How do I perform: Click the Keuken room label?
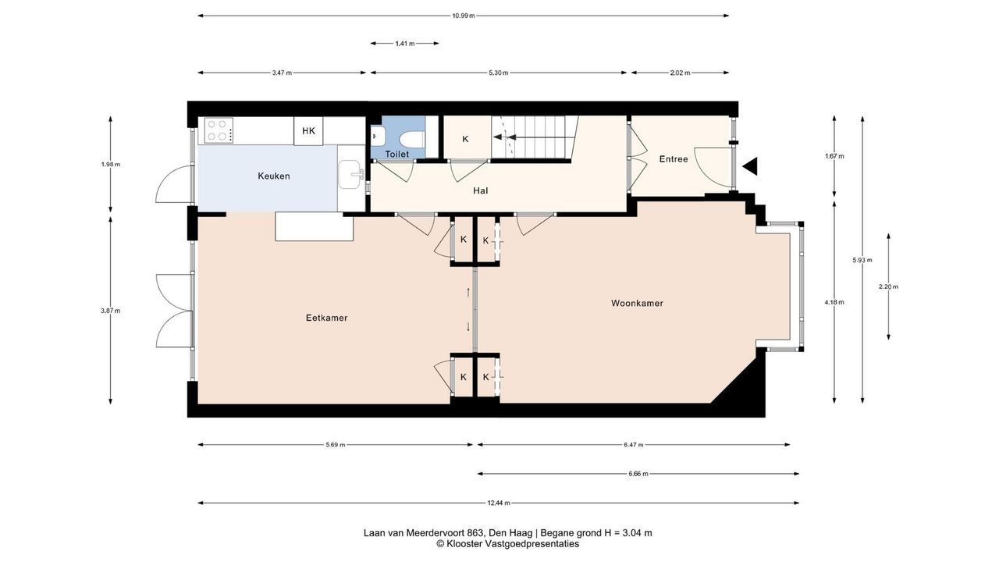(x=274, y=176)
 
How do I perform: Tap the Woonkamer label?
(x=637, y=304)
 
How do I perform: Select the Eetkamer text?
(x=326, y=318)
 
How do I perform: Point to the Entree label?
(x=674, y=159)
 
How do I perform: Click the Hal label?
(x=480, y=191)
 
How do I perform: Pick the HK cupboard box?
(x=308, y=130)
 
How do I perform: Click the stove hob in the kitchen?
(x=219, y=130)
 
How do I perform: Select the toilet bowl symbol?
(x=411, y=139)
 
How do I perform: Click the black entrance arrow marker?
(x=750, y=166)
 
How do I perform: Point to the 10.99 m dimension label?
(x=464, y=16)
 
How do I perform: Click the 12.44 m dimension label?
(x=499, y=503)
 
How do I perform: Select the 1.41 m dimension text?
(x=405, y=44)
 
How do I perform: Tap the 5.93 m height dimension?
(x=862, y=260)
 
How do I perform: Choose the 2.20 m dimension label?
(x=888, y=286)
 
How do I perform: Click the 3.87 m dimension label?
(x=110, y=311)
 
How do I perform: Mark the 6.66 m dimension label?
(x=638, y=474)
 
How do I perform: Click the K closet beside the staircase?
(x=465, y=139)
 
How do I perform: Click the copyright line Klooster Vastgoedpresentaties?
(x=507, y=544)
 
